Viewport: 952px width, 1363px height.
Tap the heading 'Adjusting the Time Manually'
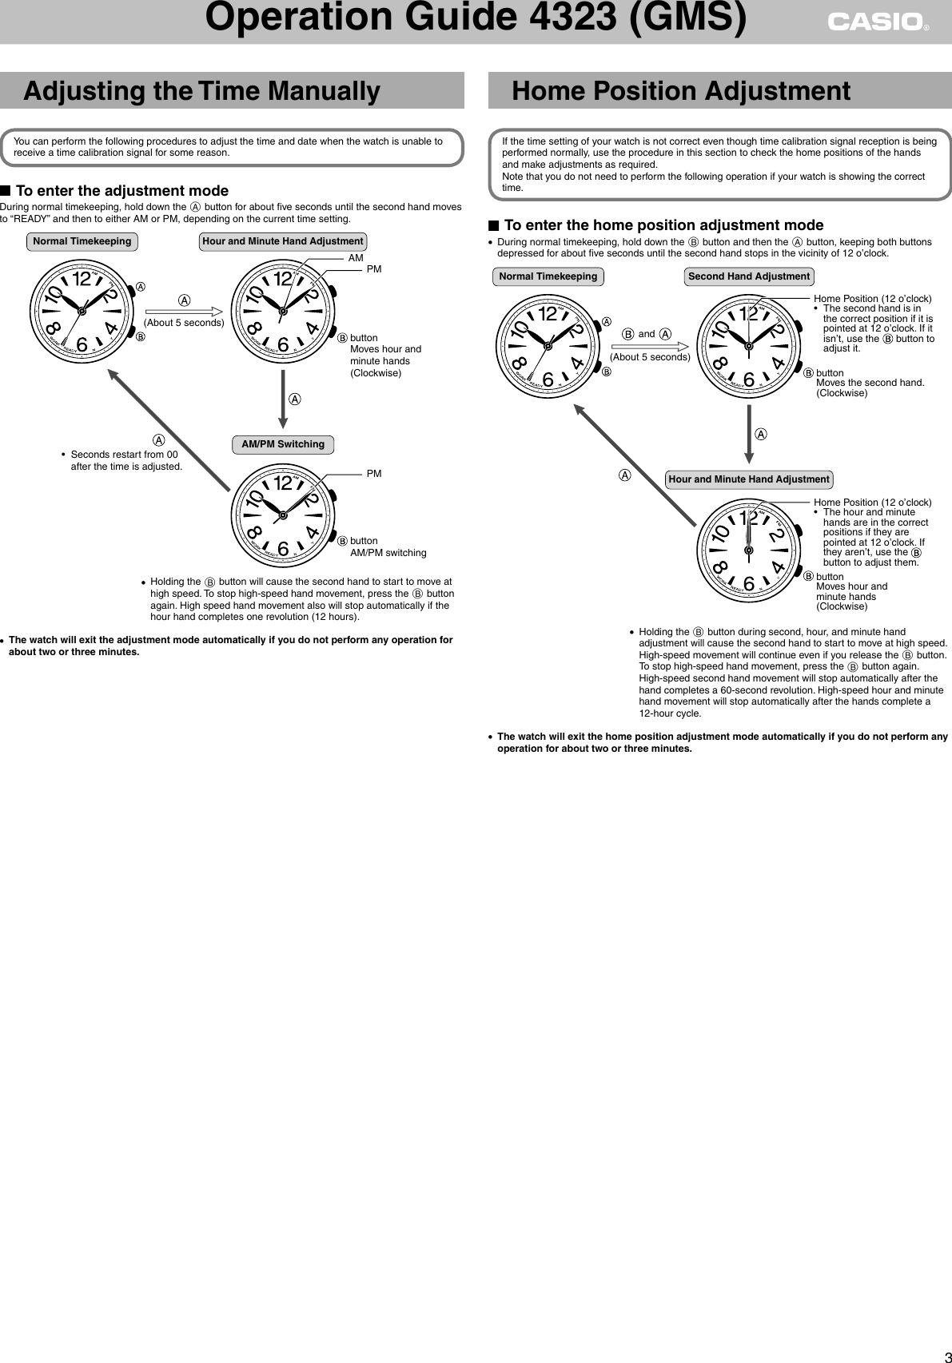(x=201, y=91)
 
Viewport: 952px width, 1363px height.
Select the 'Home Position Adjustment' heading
(x=680, y=91)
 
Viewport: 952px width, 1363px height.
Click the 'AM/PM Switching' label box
(x=283, y=444)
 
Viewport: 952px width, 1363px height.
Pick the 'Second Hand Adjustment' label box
(x=749, y=276)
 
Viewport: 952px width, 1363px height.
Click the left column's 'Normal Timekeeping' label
(x=82, y=241)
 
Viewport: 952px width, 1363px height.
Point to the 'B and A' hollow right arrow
(x=650, y=346)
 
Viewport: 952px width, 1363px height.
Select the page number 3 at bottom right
(x=944, y=1353)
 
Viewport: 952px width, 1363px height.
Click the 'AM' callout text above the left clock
(x=356, y=258)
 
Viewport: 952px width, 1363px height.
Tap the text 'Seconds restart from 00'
(x=125, y=455)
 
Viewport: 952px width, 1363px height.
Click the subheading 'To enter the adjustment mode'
(x=121, y=191)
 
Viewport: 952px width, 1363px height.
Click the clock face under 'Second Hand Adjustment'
(x=749, y=345)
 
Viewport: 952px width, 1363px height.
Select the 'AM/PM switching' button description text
(x=388, y=553)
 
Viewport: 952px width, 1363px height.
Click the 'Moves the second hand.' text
(x=870, y=383)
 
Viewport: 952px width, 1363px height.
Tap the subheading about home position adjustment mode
(x=663, y=225)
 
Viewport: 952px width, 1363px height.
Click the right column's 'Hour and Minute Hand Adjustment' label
(x=749, y=479)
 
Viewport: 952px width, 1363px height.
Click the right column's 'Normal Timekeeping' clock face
(x=548, y=345)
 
